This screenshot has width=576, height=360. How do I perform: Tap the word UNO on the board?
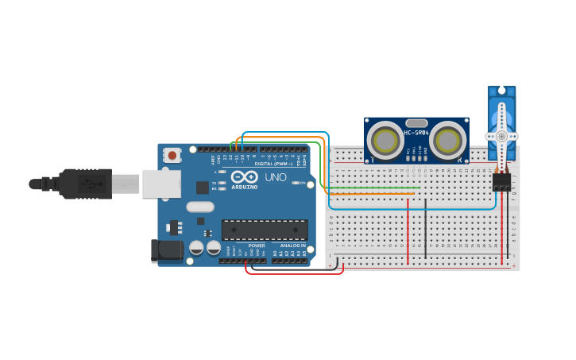click(275, 177)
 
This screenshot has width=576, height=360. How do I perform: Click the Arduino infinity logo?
click(245, 176)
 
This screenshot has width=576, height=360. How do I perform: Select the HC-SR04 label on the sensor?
click(416, 133)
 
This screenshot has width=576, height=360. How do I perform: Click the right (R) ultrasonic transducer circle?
click(446, 141)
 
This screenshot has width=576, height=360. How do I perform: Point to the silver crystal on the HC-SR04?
click(416, 123)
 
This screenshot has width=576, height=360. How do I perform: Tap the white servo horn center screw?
click(502, 136)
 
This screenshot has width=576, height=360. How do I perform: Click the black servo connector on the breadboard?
click(501, 182)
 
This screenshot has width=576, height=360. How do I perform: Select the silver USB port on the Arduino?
click(161, 184)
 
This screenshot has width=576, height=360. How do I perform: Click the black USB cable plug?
click(84, 184)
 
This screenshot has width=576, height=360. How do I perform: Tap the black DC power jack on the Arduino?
click(167, 250)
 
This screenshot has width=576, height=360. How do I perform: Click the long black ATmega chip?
click(265, 230)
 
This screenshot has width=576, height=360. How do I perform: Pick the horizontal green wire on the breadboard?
click(373, 188)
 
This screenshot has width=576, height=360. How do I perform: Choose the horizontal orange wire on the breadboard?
click(373, 193)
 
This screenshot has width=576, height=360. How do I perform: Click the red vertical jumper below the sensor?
click(408, 230)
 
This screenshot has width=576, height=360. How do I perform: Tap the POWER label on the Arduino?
click(257, 246)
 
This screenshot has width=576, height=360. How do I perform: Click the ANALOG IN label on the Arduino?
click(293, 246)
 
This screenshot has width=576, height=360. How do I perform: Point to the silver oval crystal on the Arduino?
click(200, 207)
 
